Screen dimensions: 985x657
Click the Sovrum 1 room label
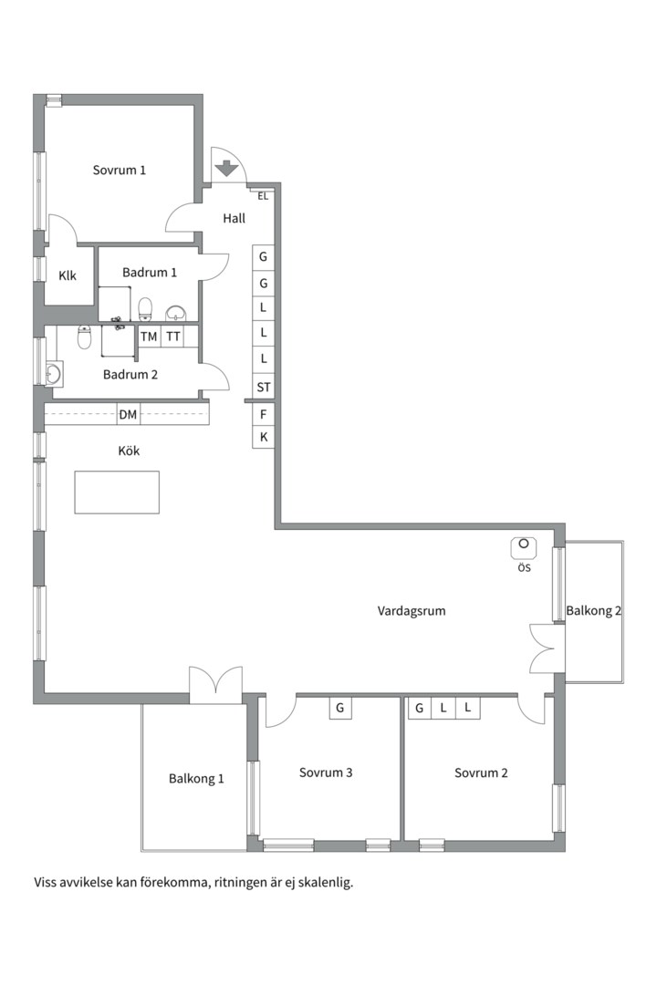[120, 170]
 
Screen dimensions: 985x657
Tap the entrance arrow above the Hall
[225, 168]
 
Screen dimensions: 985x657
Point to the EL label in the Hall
[263, 196]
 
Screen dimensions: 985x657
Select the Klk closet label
[68, 275]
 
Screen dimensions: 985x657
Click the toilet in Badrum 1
[145, 309]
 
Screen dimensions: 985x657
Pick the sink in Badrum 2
[53, 373]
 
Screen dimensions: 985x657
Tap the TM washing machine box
[149, 337]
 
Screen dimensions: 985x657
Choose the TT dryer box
[173, 337]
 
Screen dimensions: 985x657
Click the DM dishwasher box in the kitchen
[129, 415]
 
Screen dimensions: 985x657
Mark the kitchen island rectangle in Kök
[117, 493]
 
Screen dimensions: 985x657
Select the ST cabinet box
[264, 388]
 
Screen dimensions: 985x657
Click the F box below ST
[264, 414]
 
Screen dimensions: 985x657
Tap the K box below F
[264, 438]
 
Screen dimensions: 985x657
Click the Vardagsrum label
[412, 611]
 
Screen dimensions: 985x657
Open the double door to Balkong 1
[215, 685]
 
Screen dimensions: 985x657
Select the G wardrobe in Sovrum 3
[340, 708]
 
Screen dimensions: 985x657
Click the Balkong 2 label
[593, 611]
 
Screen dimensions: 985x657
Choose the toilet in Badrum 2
[85, 338]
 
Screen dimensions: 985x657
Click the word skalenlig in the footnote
[324, 883]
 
